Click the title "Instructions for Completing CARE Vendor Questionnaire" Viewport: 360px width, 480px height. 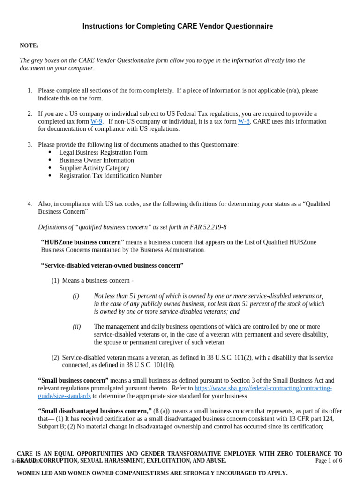pyautogui.click(x=178, y=26)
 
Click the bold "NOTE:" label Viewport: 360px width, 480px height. pyautogui.click(x=29, y=45)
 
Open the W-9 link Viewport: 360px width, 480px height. pyautogui.click(x=96, y=121)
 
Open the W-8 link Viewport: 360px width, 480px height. pyautogui.click(x=244, y=121)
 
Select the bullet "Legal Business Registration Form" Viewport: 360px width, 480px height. pyautogui.click(x=103, y=152)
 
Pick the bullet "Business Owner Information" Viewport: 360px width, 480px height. pyautogui.click(x=97, y=160)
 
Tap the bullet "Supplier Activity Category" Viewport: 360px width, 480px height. pyautogui.click(x=94, y=168)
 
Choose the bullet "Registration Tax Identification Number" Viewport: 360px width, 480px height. pyautogui.click(x=110, y=176)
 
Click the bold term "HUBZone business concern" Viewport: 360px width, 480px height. pyautogui.click(x=82, y=242)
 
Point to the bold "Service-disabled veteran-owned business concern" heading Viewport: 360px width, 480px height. pyautogui.click(x=112, y=265)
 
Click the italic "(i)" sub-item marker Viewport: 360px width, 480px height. pyautogui.click(x=76, y=296)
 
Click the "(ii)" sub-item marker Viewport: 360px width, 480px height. pyautogui.click(x=77, y=326)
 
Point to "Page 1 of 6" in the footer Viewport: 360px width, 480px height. pyautogui.click(x=329, y=460)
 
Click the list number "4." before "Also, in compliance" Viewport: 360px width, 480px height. pyautogui.click(x=30, y=204)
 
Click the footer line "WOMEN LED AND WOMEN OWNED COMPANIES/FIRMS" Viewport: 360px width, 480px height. pyautogui.click(x=152, y=473)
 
